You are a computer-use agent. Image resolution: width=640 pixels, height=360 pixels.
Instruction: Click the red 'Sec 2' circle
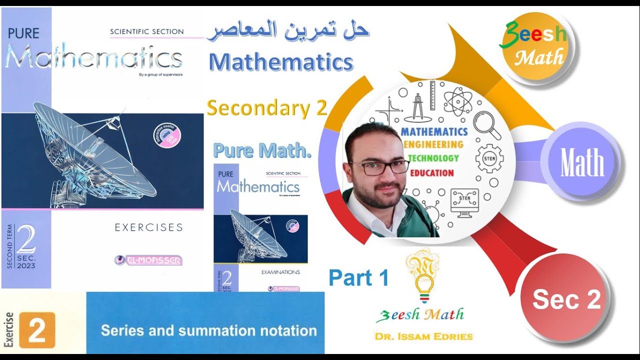point(566,299)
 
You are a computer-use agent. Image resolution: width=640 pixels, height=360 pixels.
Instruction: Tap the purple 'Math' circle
point(582,162)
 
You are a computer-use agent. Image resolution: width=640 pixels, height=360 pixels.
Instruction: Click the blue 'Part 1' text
point(358,278)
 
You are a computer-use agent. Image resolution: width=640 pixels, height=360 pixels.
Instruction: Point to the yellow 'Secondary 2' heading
point(266,107)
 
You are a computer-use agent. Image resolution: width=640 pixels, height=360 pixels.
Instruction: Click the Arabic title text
point(288,31)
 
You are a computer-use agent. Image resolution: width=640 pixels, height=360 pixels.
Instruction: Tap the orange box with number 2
point(36,330)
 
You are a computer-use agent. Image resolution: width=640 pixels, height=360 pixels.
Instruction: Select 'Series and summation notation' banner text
point(208,330)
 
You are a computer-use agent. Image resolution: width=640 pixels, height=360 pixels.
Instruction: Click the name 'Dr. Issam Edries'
point(423,336)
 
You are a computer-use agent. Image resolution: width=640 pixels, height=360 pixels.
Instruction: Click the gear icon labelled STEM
point(489,157)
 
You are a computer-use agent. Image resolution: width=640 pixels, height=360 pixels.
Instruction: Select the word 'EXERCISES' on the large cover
point(148,227)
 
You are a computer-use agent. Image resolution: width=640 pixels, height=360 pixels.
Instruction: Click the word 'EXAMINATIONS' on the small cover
point(280,272)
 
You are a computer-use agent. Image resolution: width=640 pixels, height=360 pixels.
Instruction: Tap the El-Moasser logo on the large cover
point(148,260)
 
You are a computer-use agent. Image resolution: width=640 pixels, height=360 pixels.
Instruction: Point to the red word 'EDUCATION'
point(432,173)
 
